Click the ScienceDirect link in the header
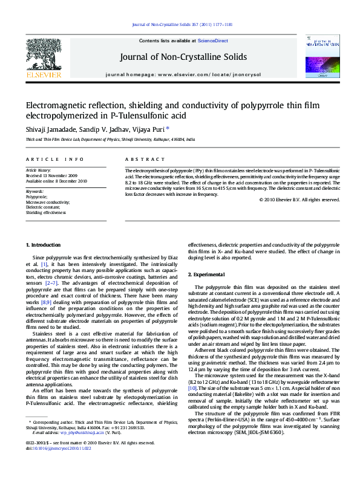point(213,41)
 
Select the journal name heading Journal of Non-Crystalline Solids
point(183,57)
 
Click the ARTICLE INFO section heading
point(54,159)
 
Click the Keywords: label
point(34,192)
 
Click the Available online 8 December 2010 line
point(56,181)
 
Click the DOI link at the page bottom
point(58,465)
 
